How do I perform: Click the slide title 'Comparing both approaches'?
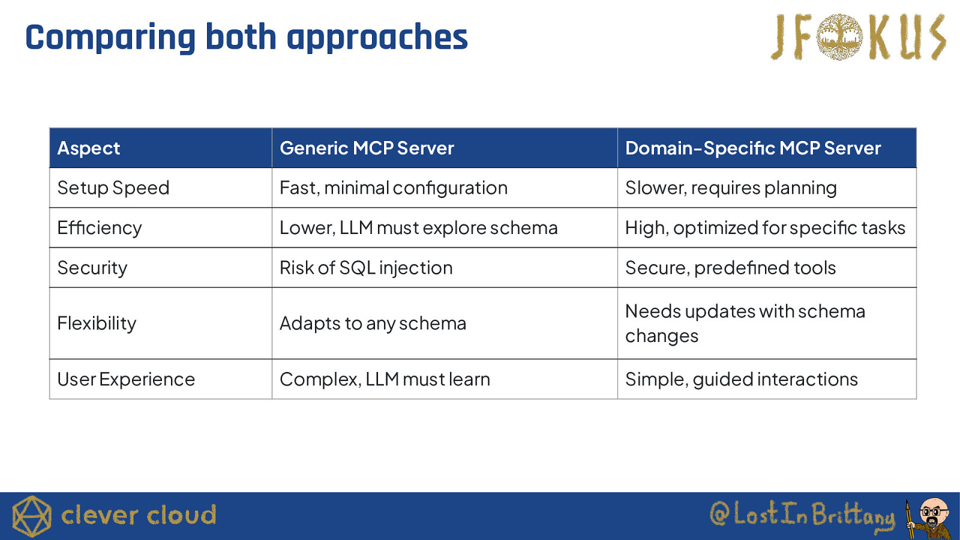[247, 38]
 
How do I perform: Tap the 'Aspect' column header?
[89, 148]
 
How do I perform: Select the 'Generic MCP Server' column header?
[367, 148]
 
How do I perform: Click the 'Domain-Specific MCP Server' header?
[753, 148]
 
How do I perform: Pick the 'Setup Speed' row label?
[113, 188]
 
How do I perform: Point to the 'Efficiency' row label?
[100, 228]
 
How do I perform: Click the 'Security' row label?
[92, 268]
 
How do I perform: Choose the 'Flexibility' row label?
[97, 323]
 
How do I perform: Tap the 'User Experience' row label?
[126, 379]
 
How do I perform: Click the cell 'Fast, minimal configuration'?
[394, 188]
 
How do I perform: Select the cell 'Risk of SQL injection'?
[366, 268]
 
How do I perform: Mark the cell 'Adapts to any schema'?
[373, 323]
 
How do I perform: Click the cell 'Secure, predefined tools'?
[730, 268]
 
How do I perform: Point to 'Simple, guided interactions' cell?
[742, 379]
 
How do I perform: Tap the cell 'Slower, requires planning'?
[731, 188]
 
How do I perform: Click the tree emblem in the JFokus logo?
[839, 37]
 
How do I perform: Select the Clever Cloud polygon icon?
[32, 517]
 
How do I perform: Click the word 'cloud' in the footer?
[181, 515]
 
